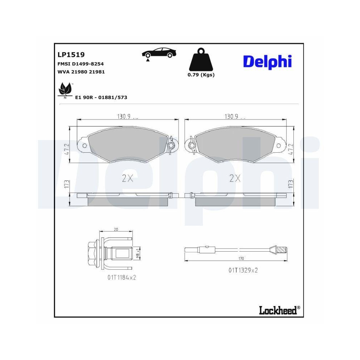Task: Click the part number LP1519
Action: tap(71, 55)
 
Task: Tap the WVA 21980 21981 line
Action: tap(81, 72)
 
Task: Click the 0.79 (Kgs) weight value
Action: tap(201, 75)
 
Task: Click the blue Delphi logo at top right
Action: tap(267, 62)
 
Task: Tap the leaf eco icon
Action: tap(65, 90)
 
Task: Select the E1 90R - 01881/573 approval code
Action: tap(101, 97)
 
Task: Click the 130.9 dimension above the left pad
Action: tap(123, 116)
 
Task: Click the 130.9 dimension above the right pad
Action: tap(232, 116)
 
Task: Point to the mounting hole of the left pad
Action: tap(85, 145)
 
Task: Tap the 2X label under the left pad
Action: tap(127, 178)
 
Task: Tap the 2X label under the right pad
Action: tap(235, 178)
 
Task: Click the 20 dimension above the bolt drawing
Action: tap(116, 229)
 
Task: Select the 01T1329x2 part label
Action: tap(243, 270)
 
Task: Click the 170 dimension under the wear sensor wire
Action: tap(241, 258)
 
